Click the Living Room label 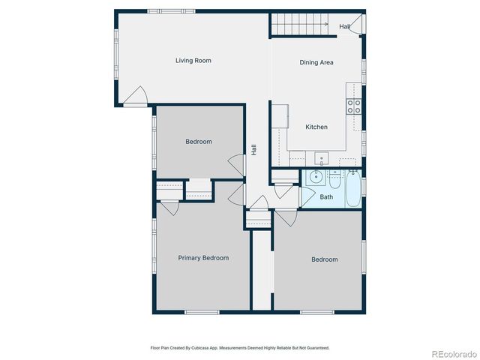tap(193, 61)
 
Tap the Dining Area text tap(316, 63)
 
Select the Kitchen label tap(316, 127)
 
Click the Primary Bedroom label tap(203, 258)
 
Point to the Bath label tap(326, 197)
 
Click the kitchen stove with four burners tap(354, 106)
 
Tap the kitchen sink tap(321, 159)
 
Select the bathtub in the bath tap(352, 188)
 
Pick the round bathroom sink tap(315, 178)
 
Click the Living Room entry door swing tap(136, 96)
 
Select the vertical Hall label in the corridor tap(254, 150)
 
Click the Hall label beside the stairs tap(344, 27)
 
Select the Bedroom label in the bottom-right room tap(325, 259)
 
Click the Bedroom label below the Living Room tap(199, 142)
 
